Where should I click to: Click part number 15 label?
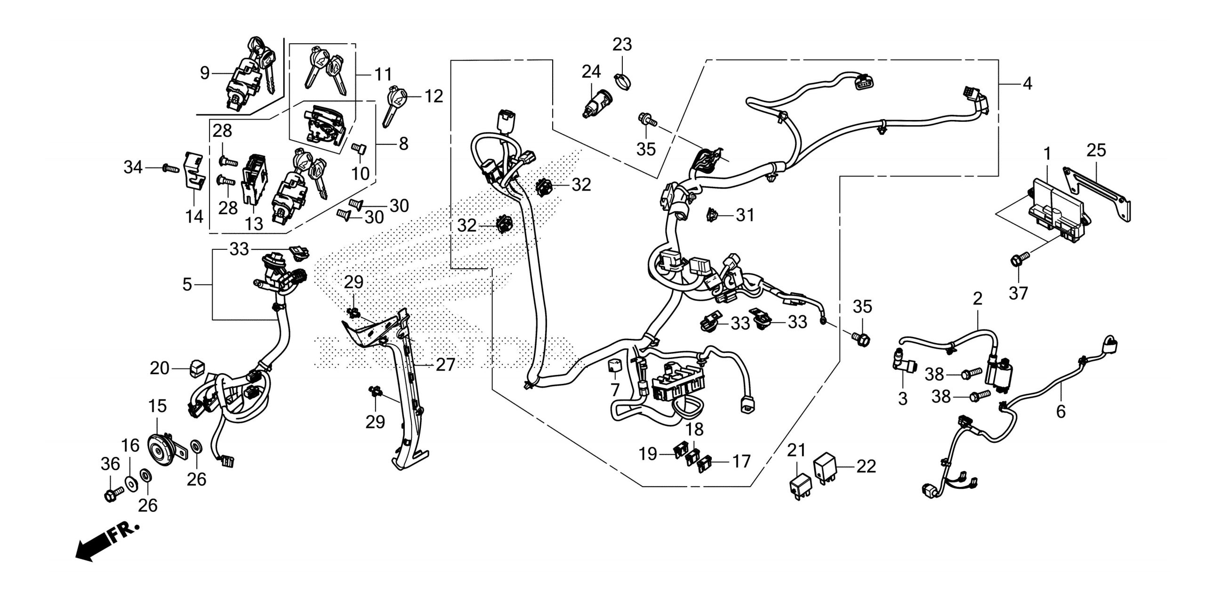(157, 406)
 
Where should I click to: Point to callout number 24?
(591, 72)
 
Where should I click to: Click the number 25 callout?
(1096, 151)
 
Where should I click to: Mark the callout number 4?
(1027, 84)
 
